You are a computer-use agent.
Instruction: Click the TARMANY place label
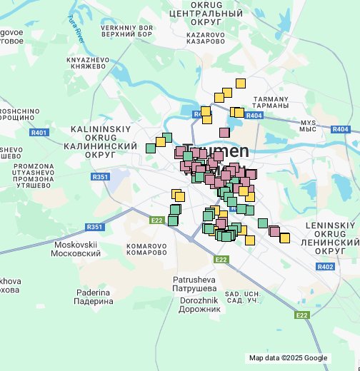271,102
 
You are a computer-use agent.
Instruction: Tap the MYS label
307,125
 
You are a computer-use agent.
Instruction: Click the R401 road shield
39,133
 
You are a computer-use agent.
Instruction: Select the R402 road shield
325,266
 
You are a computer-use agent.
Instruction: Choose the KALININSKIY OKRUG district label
100,141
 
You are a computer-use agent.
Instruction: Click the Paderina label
94,297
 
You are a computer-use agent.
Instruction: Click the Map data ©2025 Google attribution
288,358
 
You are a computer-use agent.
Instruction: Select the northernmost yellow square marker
241,83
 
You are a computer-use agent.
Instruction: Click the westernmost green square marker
151,148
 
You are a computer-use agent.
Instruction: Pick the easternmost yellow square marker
285,238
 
